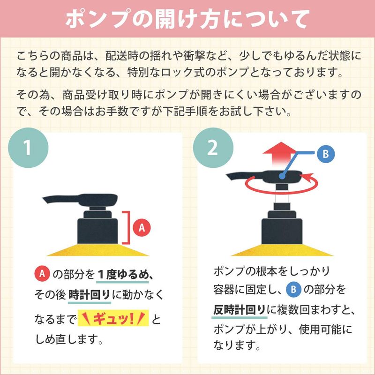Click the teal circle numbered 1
point(28,148)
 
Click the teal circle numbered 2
point(213,148)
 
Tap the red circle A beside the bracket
point(142,227)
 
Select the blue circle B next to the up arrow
point(326,154)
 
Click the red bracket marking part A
point(127,227)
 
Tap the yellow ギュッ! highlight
point(113,318)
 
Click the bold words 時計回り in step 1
point(90,295)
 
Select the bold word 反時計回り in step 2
point(240,310)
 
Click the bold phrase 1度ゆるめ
point(122,274)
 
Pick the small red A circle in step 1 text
point(42,274)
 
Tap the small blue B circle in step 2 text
point(294,290)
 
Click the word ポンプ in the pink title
point(98,19)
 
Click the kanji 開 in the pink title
point(165,19)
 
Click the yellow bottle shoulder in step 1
point(97,250)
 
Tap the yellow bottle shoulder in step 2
point(282,250)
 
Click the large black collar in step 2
point(282,231)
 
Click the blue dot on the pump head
point(282,177)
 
